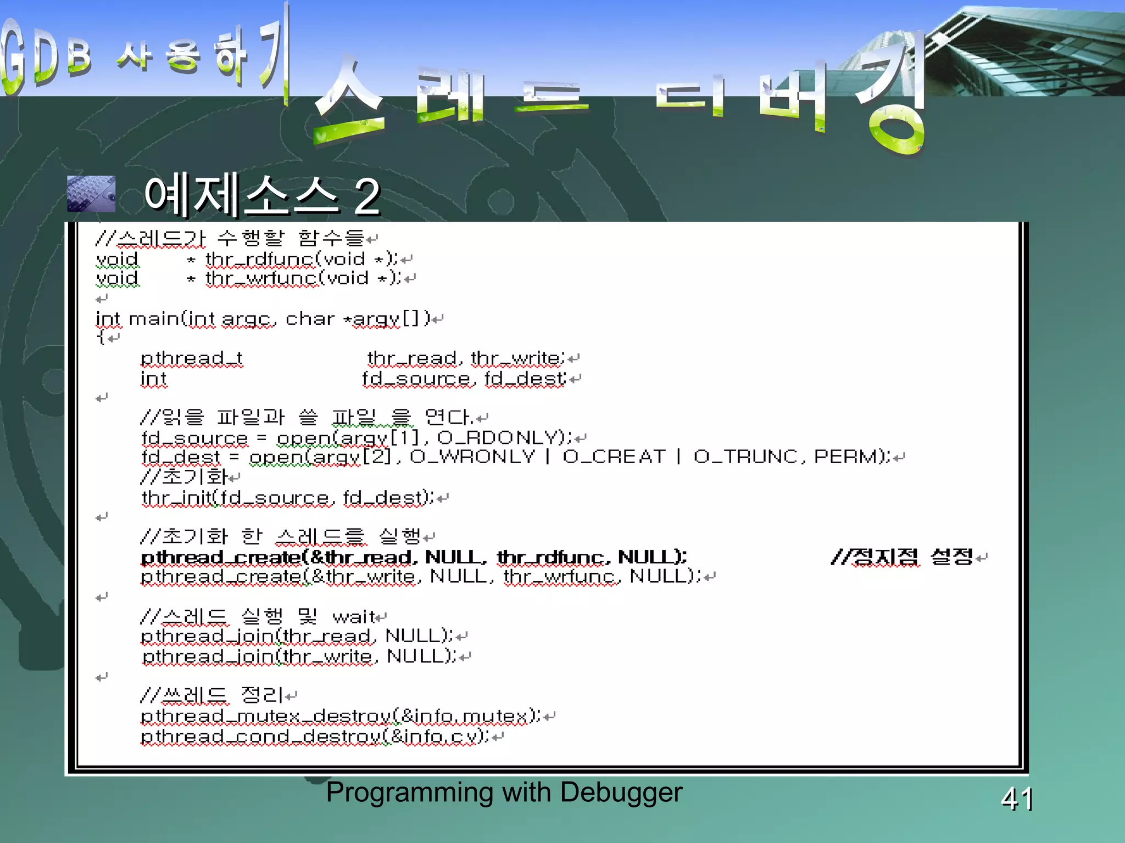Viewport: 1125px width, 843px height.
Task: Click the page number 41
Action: [1017, 799]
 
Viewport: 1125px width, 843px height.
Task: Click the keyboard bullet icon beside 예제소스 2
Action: [91, 194]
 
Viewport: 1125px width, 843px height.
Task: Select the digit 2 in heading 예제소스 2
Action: [367, 196]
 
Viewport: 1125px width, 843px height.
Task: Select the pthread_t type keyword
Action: [191, 359]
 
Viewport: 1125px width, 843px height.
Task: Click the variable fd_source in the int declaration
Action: [416, 379]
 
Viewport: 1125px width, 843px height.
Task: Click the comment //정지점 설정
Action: [901, 558]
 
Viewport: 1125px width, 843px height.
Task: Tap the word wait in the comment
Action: [354, 617]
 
